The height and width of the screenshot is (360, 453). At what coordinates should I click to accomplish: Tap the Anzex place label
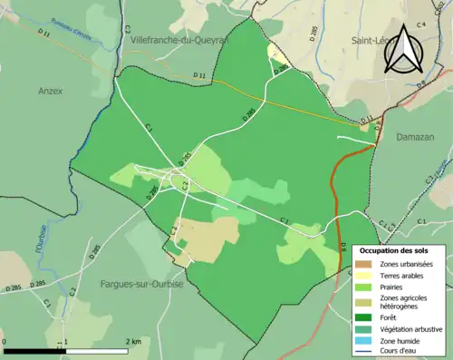coord(52,91)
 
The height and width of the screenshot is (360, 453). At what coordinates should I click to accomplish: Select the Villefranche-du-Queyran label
coord(178,41)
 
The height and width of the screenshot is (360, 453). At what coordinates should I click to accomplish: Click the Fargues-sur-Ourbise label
coord(141,284)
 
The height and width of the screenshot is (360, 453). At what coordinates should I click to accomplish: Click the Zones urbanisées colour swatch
coord(361,264)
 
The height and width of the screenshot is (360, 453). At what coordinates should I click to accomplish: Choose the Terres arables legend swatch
coord(361,276)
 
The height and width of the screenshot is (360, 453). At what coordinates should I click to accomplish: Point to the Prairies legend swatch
coord(361,287)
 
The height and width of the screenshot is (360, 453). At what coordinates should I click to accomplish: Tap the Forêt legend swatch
coord(361,317)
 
